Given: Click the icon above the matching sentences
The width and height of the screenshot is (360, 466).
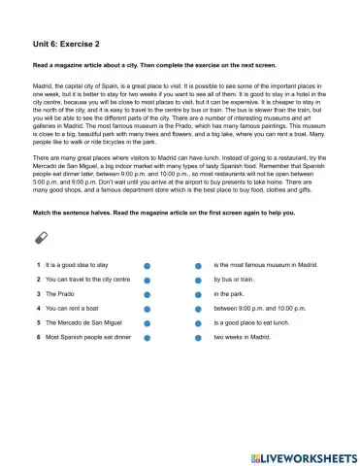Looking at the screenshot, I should click(40, 238).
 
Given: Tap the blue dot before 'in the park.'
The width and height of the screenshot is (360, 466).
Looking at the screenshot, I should click(198, 293).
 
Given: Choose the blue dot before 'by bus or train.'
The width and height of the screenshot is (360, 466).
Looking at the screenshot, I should click(198, 279).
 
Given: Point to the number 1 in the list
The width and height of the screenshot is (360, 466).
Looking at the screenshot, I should click(37, 264).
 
